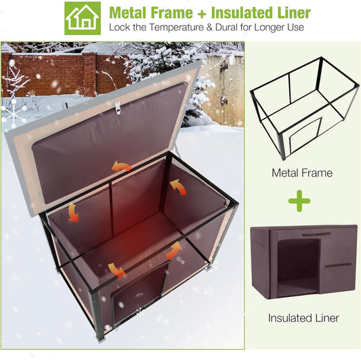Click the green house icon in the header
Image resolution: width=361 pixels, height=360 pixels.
coord(83,18)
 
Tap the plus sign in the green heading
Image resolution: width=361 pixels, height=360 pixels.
coord(200,14)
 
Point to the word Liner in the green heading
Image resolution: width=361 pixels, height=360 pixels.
coord(293,13)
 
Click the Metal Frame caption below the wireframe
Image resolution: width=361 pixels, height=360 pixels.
coord(302,173)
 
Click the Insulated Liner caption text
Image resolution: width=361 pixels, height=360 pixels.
coord(303,317)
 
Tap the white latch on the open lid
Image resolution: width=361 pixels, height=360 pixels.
coord(117,107)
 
